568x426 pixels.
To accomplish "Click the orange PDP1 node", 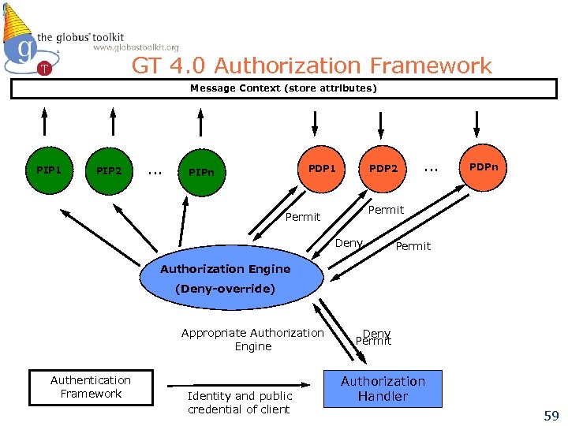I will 322,169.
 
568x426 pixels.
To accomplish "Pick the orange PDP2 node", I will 383,169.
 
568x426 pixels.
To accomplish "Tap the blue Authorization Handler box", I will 383,389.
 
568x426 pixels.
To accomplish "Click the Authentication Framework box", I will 91,387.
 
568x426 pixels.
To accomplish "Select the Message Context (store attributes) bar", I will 283,88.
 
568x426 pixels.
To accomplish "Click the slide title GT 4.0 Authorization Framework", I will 312,65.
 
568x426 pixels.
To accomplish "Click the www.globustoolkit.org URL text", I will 136,47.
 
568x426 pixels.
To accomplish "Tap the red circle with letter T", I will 44,69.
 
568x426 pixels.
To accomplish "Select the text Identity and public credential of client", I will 239,402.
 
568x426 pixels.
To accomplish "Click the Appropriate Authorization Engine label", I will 252,339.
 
